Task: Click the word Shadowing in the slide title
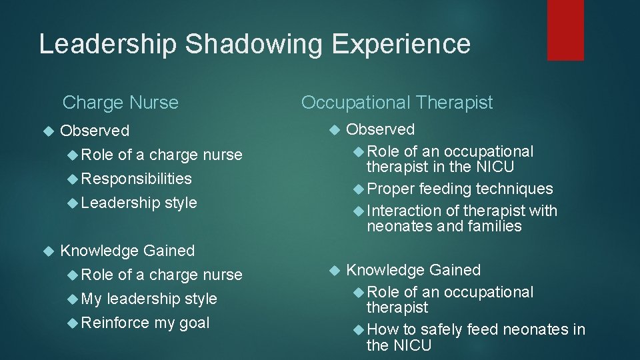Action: point(253,44)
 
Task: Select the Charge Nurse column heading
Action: point(120,103)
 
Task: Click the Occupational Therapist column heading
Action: point(397,102)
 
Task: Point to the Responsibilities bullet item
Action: point(137,179)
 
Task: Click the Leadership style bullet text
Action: point(139,203)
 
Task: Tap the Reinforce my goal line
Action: point(145,323)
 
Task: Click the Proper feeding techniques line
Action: point(459,189)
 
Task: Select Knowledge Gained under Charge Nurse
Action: point(127,251)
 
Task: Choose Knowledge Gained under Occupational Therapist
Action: point(413,270)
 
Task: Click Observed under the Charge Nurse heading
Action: point(95,131)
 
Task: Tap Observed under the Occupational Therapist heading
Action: point(381,129)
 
